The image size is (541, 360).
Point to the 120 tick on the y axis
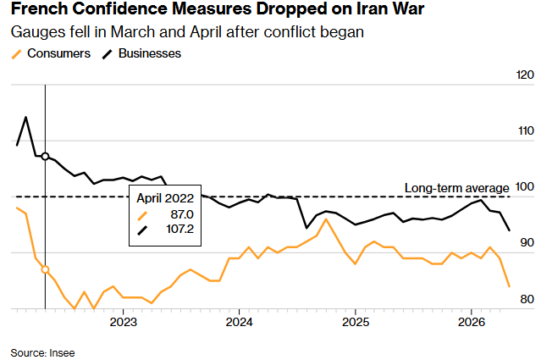pos(525,75)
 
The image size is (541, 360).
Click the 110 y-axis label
pos(525,131)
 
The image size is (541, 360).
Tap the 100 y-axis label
pos(525,187)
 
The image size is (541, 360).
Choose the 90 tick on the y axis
pos(526,243)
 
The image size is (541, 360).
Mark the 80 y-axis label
pos(526,299)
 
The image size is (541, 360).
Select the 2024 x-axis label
pos(240,323)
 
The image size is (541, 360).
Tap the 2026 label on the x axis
pos(472,323)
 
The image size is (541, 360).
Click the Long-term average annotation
pos(456,187)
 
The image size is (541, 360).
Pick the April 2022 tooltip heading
pos(166,198)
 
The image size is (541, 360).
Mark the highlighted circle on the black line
pos(45,157)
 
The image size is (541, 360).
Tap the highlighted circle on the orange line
pos(45,269)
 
